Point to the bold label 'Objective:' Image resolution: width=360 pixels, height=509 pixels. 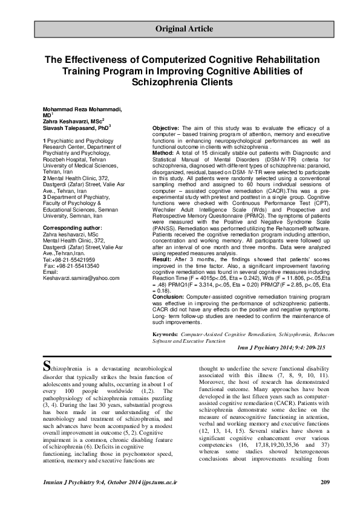click(165, 129)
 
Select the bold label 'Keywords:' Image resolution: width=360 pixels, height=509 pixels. click(165, 334)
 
